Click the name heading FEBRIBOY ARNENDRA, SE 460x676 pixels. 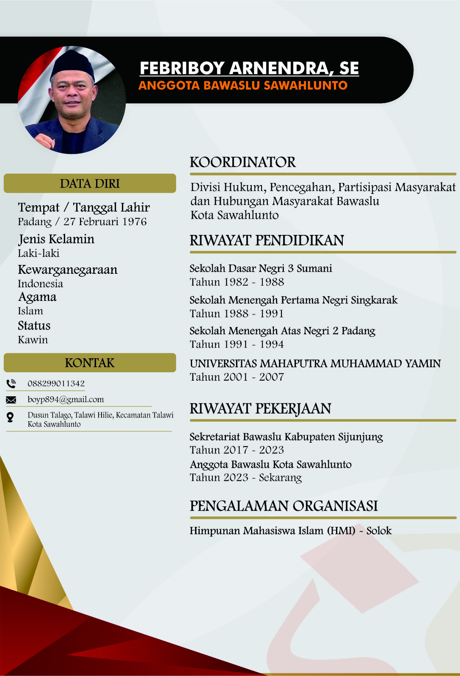pyautogui.click(x=249, y=68)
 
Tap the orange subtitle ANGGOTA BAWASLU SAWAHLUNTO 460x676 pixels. pyautogui.click(x=243, y=85)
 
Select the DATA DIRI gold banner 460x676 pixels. pyautogui.click(x=90, y=183)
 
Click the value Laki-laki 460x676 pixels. pyautogui.click(x=39, y=253)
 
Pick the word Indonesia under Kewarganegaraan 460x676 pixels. pyautogui.click(x=40, y=284)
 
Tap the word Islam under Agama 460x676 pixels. pyautogui.click(x=30, y=311)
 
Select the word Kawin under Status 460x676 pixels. pyautogui.click(x=33, y=340)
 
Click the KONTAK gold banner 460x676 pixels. pyautogui.click(x=90, y=363)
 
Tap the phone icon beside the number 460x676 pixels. pyautogui.click(x=11, y=384)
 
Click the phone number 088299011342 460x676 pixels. pyautogui.click(x=56, y=384)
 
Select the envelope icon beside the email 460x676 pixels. pyautogui.click(x=11, y=400)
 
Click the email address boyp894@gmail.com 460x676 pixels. pyautogui.click(x=66, y=400)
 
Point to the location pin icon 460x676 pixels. pyautogui.click(x=10, y=417)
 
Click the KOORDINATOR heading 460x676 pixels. pyautogui.click(x=243, y=162)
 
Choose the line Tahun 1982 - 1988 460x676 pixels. pyautogui.click(x=237, y=282)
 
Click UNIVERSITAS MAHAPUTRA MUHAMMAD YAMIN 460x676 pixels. pyautogui.click(x=315, y=363)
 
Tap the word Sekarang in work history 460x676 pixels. pyautogui.click(x=280, y=478)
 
